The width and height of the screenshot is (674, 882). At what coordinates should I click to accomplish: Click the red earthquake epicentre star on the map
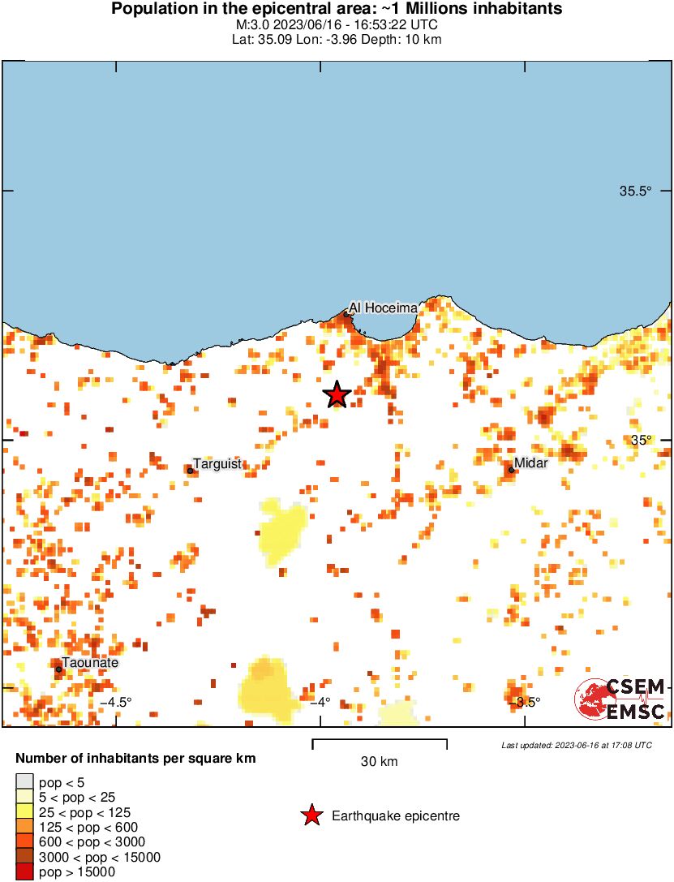pos(337,395)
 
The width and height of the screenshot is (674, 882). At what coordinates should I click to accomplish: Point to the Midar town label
pos(531,463)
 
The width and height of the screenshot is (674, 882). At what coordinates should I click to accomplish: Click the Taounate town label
pos(91,663)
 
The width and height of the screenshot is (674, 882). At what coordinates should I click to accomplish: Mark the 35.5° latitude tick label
pos(636,191)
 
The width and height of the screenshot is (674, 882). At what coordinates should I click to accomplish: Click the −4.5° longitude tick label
pos(115,702)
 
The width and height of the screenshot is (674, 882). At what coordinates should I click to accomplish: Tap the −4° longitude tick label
pos(320,702)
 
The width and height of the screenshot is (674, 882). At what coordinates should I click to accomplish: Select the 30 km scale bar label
pos(379,762)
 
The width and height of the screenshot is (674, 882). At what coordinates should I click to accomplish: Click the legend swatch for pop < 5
pos(24,782)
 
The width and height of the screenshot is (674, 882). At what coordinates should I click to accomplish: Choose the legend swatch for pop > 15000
pos(24,872)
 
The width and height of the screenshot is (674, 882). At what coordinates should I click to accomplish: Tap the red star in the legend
pos(311,816)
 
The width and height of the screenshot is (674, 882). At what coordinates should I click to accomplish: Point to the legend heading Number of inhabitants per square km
pos(136,759)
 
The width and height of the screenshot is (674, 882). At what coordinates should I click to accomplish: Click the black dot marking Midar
pos(511,470)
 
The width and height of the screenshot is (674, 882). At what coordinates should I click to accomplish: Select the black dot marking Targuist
pos(190,471)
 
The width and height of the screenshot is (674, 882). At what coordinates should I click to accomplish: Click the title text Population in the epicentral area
pos(337,9)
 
